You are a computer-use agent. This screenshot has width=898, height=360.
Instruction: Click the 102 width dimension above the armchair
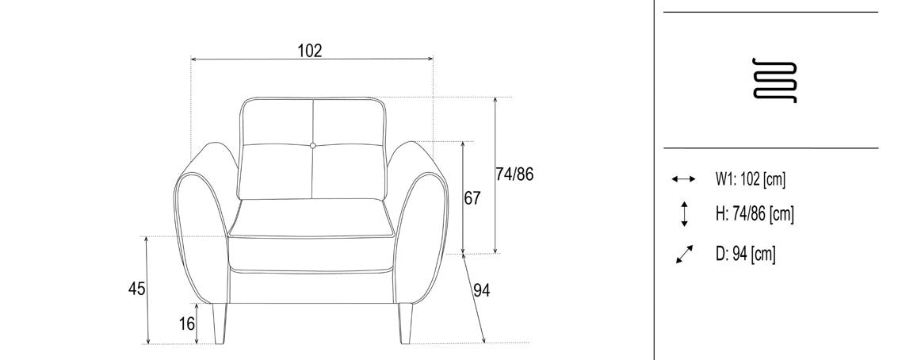pos(310,51)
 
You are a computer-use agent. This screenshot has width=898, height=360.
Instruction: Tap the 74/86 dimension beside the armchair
pos(514,174)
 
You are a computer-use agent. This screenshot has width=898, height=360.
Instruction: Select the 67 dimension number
pos(472,198)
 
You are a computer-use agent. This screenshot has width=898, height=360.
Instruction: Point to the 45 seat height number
pos(136,289)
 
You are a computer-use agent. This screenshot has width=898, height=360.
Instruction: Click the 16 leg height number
pos(187,324)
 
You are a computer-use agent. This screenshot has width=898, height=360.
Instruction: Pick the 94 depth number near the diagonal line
pos(482,291)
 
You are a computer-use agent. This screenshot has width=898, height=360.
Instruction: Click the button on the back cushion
pos(313,146)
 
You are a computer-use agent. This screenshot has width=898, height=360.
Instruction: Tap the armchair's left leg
pos(219,324)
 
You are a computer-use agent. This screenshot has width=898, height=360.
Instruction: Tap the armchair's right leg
pos(406,324)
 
